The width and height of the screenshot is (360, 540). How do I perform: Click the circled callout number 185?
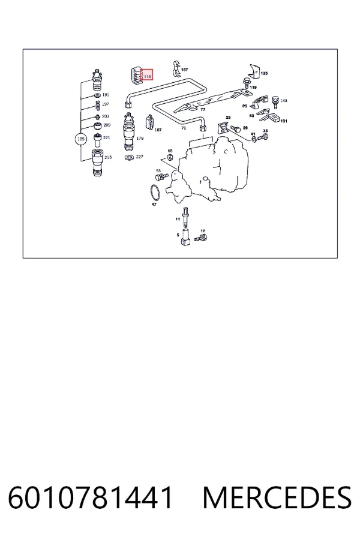[80, 139]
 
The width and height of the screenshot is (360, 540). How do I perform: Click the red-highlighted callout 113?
[147, 76]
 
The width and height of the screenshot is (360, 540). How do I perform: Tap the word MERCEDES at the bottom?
[277, 498]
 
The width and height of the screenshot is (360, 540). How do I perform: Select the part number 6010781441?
[90, 498]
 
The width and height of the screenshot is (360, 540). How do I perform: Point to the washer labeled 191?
[97, 95]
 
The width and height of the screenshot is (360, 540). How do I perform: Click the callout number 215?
[108, 157]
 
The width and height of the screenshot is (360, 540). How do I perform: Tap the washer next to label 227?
[130, 158]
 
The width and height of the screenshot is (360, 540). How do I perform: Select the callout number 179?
[140, 139]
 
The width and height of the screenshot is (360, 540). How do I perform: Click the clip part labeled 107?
[150, 122]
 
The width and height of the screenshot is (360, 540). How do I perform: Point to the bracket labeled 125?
[254, 71]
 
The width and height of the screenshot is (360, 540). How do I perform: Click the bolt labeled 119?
[246, 83]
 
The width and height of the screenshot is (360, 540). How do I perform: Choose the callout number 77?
[203, 110]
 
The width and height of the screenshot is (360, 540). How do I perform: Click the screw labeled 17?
[200, 238]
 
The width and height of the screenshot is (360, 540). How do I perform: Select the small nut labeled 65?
[170, 158]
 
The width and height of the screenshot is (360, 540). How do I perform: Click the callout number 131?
[284, 121]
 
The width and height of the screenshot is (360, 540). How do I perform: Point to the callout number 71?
[184, 128]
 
